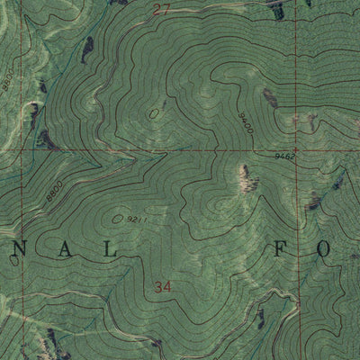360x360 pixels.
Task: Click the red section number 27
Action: click(161, 11)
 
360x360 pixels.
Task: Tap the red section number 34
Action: click(162, 288)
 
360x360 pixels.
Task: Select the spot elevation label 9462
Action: click(285, 157)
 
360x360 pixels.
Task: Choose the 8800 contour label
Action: click(51, 192)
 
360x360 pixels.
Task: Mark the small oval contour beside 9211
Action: click(119, 216)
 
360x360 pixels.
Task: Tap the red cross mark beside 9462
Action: click(298, 150)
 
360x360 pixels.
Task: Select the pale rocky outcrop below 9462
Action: click(243, 177)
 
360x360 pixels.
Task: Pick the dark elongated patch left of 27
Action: click(87, 49)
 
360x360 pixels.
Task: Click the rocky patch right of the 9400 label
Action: click(268, 97)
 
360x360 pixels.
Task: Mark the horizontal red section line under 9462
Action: click(270, 150)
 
